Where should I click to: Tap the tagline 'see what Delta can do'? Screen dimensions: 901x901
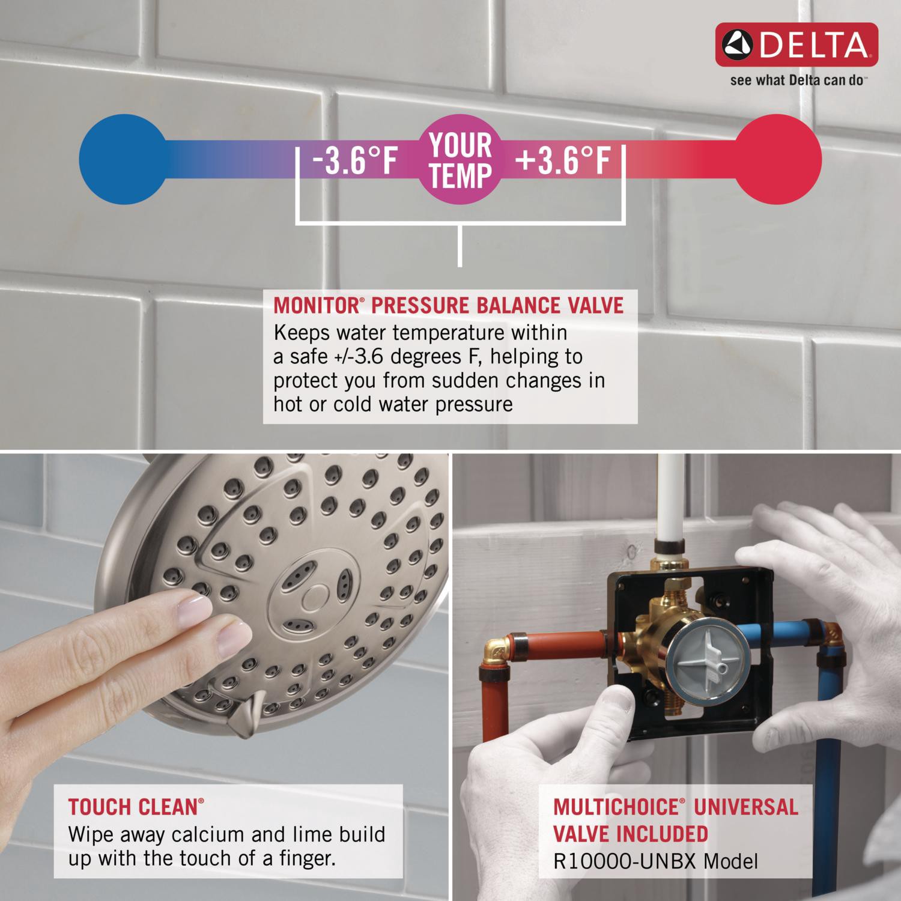tap(796, 80)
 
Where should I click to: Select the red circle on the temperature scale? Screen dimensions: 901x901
tap(778, 159)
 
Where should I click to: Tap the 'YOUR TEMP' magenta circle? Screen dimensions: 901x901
tap(460, 160)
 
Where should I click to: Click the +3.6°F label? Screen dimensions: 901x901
tap(562, 160)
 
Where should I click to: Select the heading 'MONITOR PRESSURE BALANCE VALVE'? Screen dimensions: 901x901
tap(448, 305)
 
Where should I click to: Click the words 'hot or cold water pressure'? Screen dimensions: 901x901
tap(393, 404)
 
